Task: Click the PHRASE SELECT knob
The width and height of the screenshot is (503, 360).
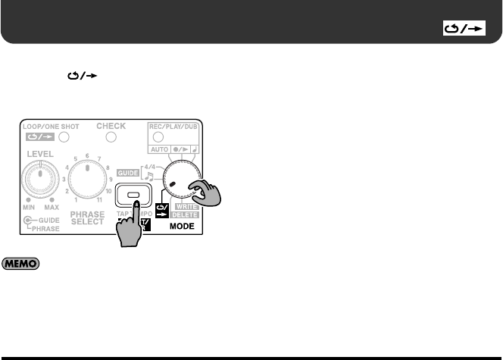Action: (88, 183)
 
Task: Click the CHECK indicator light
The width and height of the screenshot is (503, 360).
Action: (111, 138)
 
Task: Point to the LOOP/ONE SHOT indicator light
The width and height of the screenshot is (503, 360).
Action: (64, 138)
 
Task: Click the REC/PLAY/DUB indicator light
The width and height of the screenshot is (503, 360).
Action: (158, 137)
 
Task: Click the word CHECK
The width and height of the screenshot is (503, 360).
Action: (111, 126)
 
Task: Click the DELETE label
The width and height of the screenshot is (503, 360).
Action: (187, 214)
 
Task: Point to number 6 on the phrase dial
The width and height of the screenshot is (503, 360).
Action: (88, 153)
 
